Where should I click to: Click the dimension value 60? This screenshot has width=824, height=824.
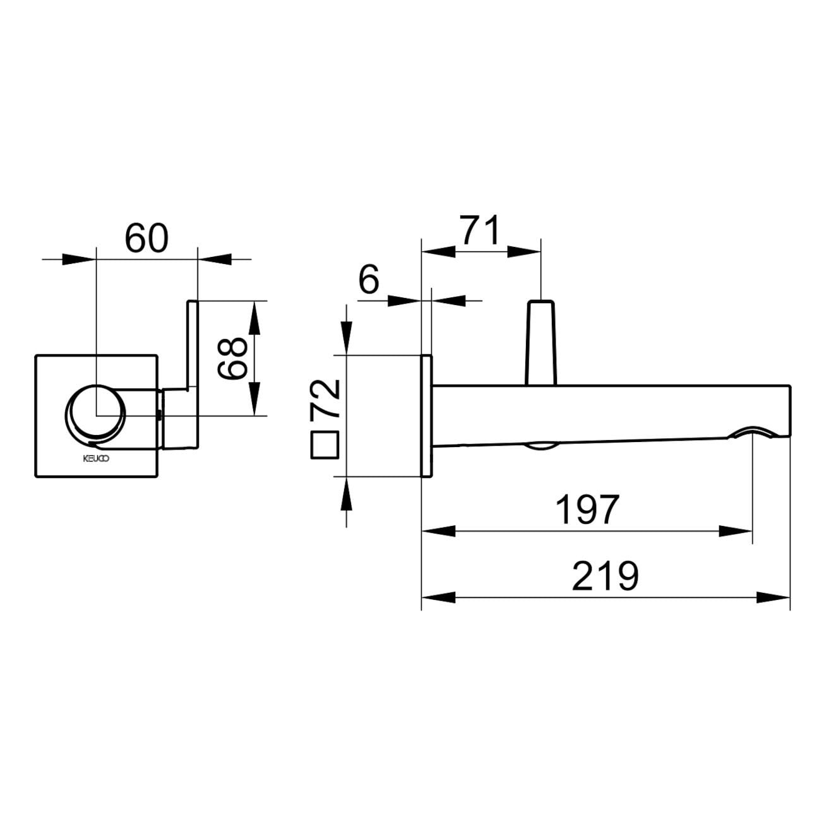(x=146, y=238)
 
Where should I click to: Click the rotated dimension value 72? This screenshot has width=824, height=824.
(x=326, y=398)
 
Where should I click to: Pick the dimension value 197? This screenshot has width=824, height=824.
(x=587, y=510)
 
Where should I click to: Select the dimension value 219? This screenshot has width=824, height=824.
(x=605, y=576)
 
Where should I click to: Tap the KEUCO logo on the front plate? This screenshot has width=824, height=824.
(x=97, y=458)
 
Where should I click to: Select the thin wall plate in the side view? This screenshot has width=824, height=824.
(x=426, y=416)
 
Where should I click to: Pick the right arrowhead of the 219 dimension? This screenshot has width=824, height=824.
(x=773, y=597)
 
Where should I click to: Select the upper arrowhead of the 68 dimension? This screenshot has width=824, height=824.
(x=253, y=317)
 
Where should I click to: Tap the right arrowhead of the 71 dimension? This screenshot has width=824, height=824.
(x=523, y=251)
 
